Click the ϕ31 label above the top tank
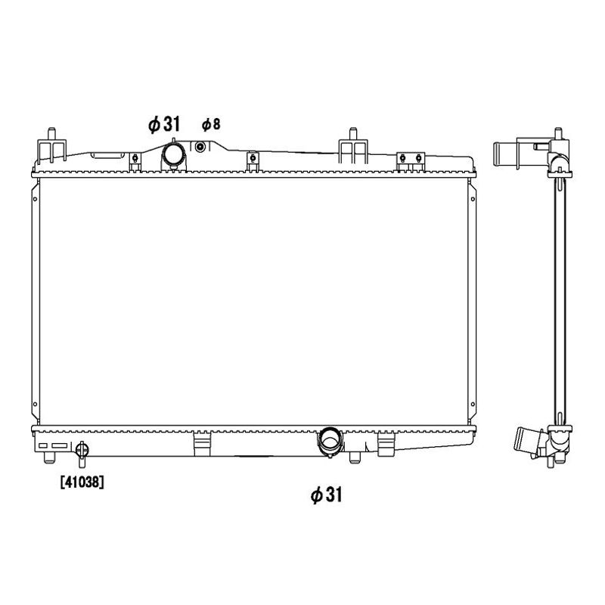pos(164,124)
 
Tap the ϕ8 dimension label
pos(211,124)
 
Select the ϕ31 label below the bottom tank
pos(327,495)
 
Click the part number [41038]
pos(82,482)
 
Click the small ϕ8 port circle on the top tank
pos(200,147)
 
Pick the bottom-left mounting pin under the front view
pos(49,458)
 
